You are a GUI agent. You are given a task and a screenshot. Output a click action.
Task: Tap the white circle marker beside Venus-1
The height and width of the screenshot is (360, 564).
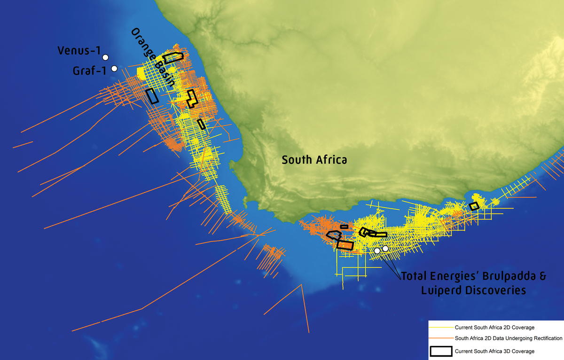pyautogui.click(x=106, y=57)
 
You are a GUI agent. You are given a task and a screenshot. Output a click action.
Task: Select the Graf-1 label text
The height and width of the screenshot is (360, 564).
pyautogui.click(x=91, y=70)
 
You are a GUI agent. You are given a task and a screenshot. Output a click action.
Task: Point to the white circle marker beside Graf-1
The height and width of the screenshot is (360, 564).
pyautogui.click(x=114, y=69)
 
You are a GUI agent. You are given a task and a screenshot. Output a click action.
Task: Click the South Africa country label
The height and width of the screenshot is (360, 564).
pyautogui.click(x=314, y=160)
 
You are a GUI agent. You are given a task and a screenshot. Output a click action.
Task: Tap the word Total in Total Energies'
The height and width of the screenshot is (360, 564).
pyautogui.click(x=414, y=277)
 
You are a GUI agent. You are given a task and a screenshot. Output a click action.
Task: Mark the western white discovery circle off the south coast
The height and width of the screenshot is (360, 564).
pyautogui.click(x=377, y=251)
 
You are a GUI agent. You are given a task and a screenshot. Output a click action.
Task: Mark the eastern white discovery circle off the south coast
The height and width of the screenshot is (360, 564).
pyautogui.click(x=385, y=248)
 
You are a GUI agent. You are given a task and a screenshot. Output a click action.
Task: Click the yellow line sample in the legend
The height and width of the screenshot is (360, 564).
pyautogui.click(x=441, y=327)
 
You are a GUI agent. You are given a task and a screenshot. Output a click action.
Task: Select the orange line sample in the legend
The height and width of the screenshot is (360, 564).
pyautogui.click(x=441, y=338)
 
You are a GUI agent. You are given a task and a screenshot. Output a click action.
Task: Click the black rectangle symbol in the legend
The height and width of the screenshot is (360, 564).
pyautogui.click(x=441, y=351)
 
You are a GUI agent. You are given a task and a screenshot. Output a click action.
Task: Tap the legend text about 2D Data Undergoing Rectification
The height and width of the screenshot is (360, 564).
pyautogui.click(x=509, y=338)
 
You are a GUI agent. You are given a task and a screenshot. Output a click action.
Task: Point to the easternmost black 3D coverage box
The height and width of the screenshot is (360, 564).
pyautogui.click(x=474, y=206)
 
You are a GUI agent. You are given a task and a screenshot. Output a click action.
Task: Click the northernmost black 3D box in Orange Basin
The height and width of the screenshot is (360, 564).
pyautogui.click(x=173, y=58)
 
